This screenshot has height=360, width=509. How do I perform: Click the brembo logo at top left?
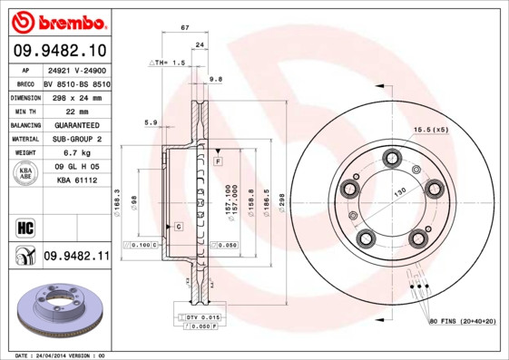pyautogui.click(x=56, y=20)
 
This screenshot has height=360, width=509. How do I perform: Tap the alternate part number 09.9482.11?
pyautogui.click(x=75, y=257)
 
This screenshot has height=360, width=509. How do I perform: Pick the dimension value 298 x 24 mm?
pyautogui.click(x=76, y=96)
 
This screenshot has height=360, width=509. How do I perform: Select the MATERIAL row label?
pyautogui.click(x=24, y=139)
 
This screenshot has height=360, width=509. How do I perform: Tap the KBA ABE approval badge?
pyautogui.click(x=24, y=173)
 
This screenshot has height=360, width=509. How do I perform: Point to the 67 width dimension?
pyautogui.click(x=185, y=29)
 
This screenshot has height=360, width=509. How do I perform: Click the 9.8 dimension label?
pyautogui.click(x=215, y=80)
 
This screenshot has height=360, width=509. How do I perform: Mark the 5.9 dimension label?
pyautogui.click(x=151, y=122)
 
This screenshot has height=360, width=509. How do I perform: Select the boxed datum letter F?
pyautogui.click(x=219, y=161)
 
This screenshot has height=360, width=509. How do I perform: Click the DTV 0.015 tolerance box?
pyautogui.click(x=204, y=316)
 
